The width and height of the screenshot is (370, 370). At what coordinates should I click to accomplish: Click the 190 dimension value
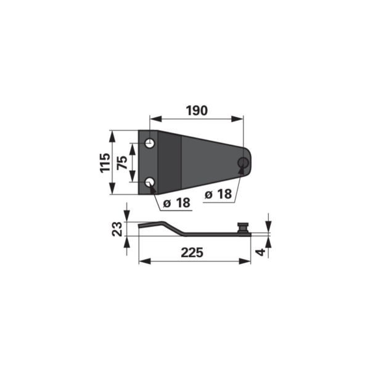197,110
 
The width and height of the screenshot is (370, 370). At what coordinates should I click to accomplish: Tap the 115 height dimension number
105,163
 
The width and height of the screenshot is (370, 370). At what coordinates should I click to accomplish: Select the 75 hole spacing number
122,163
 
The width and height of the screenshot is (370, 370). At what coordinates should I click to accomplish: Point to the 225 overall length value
192,253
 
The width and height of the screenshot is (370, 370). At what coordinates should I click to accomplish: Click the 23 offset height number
117,229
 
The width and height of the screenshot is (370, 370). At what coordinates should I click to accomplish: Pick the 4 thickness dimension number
261,252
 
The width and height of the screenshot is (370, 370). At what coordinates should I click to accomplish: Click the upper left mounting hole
150,143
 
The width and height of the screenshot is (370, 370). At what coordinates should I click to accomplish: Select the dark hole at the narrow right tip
244,162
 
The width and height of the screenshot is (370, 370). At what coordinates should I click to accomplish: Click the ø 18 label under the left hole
176,203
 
